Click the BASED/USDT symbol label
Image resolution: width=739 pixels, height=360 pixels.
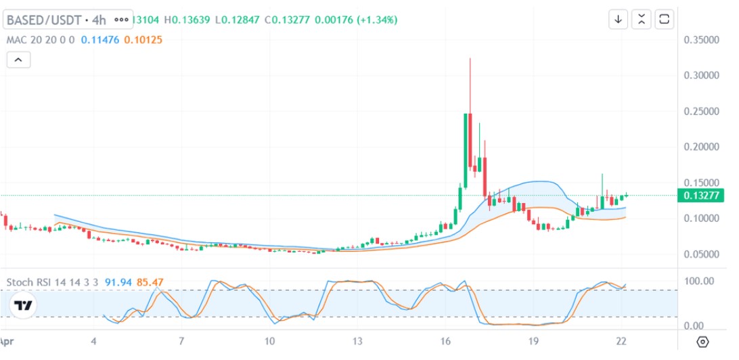pos(44,20)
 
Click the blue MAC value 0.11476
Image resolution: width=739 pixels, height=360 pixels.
pos(99,40)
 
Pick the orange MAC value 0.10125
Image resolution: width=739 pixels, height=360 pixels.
pos(143,40)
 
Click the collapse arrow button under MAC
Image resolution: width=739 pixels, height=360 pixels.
pos(18,60)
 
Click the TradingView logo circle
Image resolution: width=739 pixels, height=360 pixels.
pos(24,305)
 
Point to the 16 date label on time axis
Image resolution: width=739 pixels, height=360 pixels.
pos(445,340)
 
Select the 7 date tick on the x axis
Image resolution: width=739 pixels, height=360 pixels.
pos(181,340)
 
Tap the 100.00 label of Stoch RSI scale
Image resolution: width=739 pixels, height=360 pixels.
pos(699,281)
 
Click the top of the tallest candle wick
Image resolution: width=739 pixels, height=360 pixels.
pos(470,59)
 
